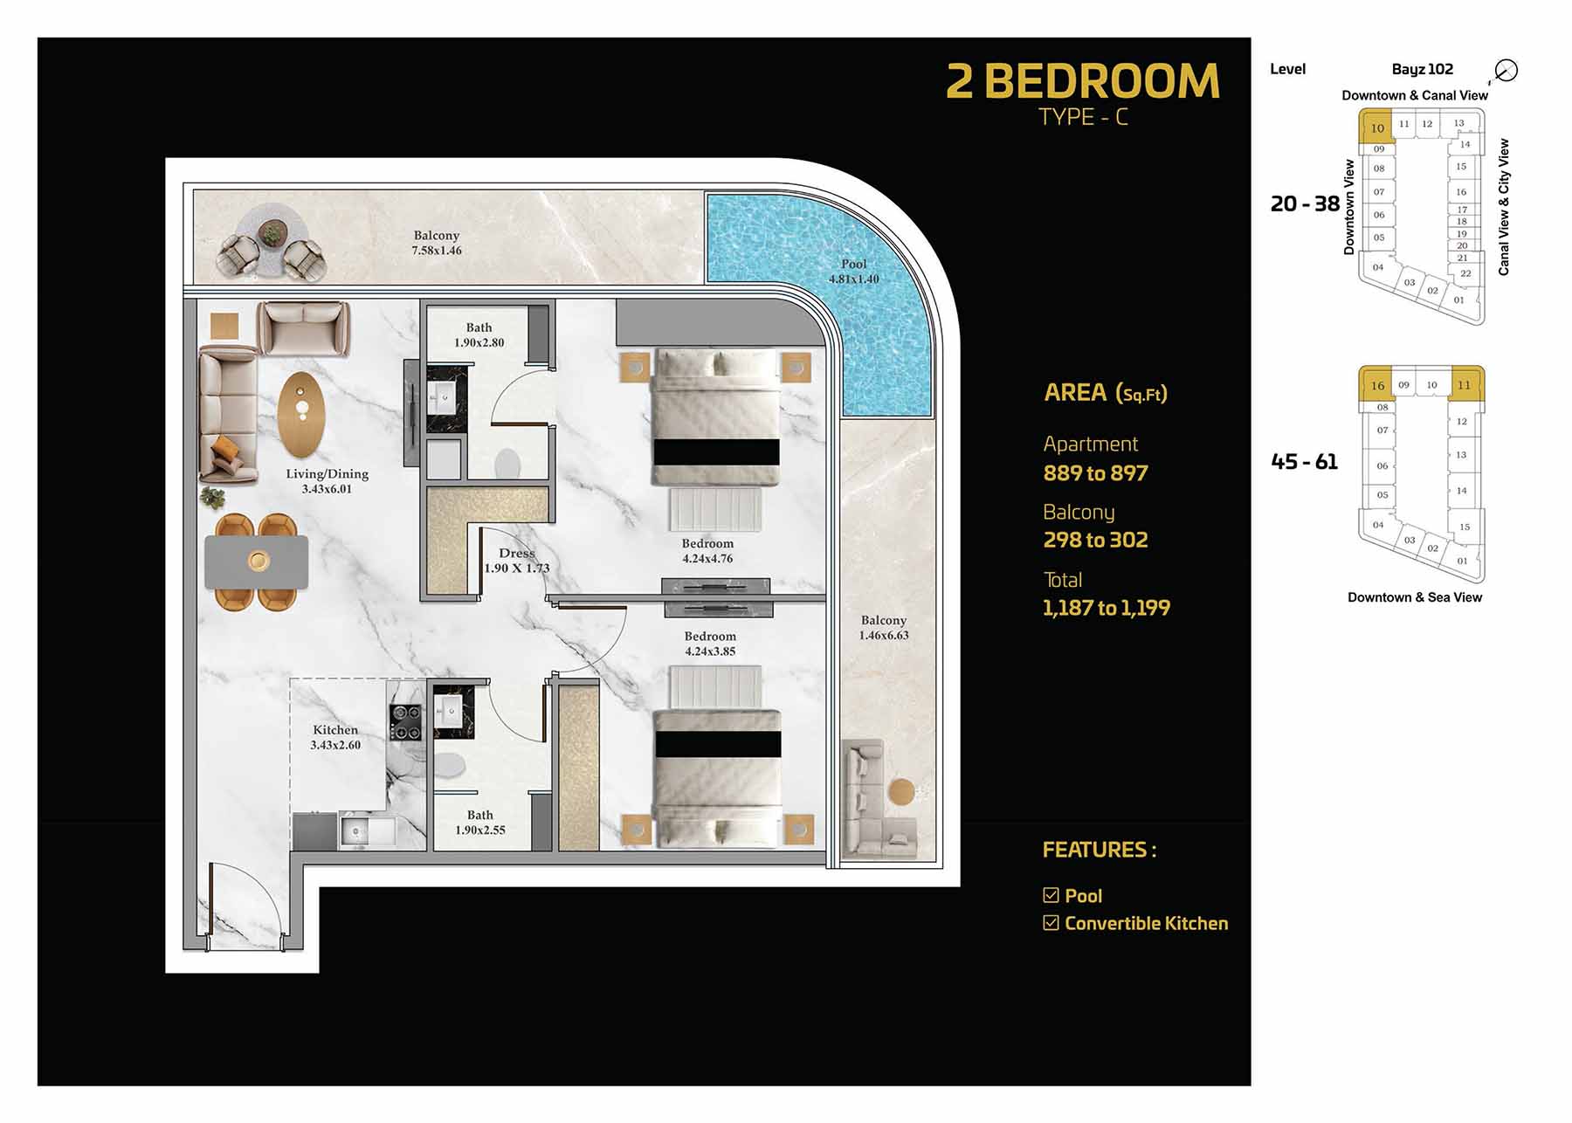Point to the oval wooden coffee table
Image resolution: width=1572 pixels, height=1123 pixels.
tap(301, 415)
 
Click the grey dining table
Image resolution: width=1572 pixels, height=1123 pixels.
tap(257, 561)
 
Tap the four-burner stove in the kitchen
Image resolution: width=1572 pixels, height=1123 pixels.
tap(405, 722)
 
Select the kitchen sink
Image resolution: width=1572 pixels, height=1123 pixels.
tap(367, 830)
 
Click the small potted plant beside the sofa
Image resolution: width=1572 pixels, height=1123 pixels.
tap(212, 498)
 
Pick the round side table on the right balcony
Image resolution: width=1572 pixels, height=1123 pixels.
tap(901, 792)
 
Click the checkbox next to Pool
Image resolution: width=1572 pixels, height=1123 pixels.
tap(1051, 895)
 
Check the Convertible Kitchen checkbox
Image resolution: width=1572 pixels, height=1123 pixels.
tap(1051, 923)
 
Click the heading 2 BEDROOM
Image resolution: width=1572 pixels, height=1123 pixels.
tap(1083, 81)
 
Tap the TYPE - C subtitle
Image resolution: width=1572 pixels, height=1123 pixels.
tap(1083, 117)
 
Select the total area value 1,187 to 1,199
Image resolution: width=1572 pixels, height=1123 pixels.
tap(1107, 609)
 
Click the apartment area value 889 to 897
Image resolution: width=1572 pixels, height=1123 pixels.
tap(1096, 473)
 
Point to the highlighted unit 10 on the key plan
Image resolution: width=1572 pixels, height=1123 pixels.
tap(1376, 127)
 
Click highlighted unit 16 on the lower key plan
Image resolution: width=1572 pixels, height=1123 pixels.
tap(1377, 385)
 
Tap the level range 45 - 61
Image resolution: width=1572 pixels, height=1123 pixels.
tap(1304, 462)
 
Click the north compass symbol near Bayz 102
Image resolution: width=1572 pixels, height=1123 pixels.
tap(1506, 70)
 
